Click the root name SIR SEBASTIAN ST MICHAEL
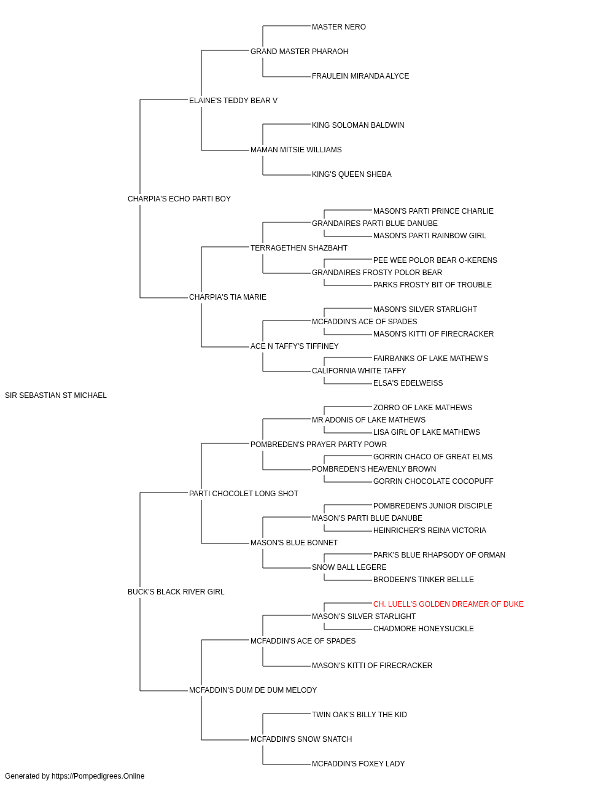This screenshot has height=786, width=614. point(56,395)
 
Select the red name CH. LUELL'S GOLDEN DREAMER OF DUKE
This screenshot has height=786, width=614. point(448,604)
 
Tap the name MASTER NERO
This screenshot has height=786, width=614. point(339,27)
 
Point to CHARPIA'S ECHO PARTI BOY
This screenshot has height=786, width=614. point(179,199)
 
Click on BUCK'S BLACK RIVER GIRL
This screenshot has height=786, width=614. point(176,592)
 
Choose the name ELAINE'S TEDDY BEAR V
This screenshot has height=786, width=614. point(233,101)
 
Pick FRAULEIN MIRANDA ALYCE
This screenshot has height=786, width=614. point(360,76)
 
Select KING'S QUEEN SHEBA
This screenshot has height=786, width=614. point(352,174)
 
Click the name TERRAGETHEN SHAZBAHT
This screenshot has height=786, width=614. point(299,248)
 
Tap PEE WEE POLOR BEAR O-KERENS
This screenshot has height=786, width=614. point(435,260)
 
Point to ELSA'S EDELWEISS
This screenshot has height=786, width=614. point(408,383)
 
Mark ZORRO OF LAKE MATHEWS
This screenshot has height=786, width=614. point(422,408)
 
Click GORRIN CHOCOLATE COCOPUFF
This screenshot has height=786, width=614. point(433,481)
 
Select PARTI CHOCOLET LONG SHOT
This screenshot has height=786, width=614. point(244,494)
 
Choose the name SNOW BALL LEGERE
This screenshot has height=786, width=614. point(349,567)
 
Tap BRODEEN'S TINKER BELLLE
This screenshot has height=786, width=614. point(424,580)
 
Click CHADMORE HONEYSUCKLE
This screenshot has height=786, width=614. point(424,629)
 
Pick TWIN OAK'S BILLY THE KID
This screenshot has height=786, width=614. point(359,715)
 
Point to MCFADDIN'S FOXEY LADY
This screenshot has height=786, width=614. point(359,764)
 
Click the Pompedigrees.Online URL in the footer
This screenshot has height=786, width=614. point(98,776)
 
